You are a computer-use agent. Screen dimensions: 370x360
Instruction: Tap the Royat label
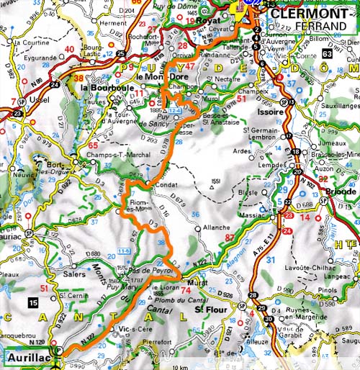[x=212, y=22]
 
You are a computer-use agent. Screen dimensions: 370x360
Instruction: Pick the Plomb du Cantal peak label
[x=171, y=299]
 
